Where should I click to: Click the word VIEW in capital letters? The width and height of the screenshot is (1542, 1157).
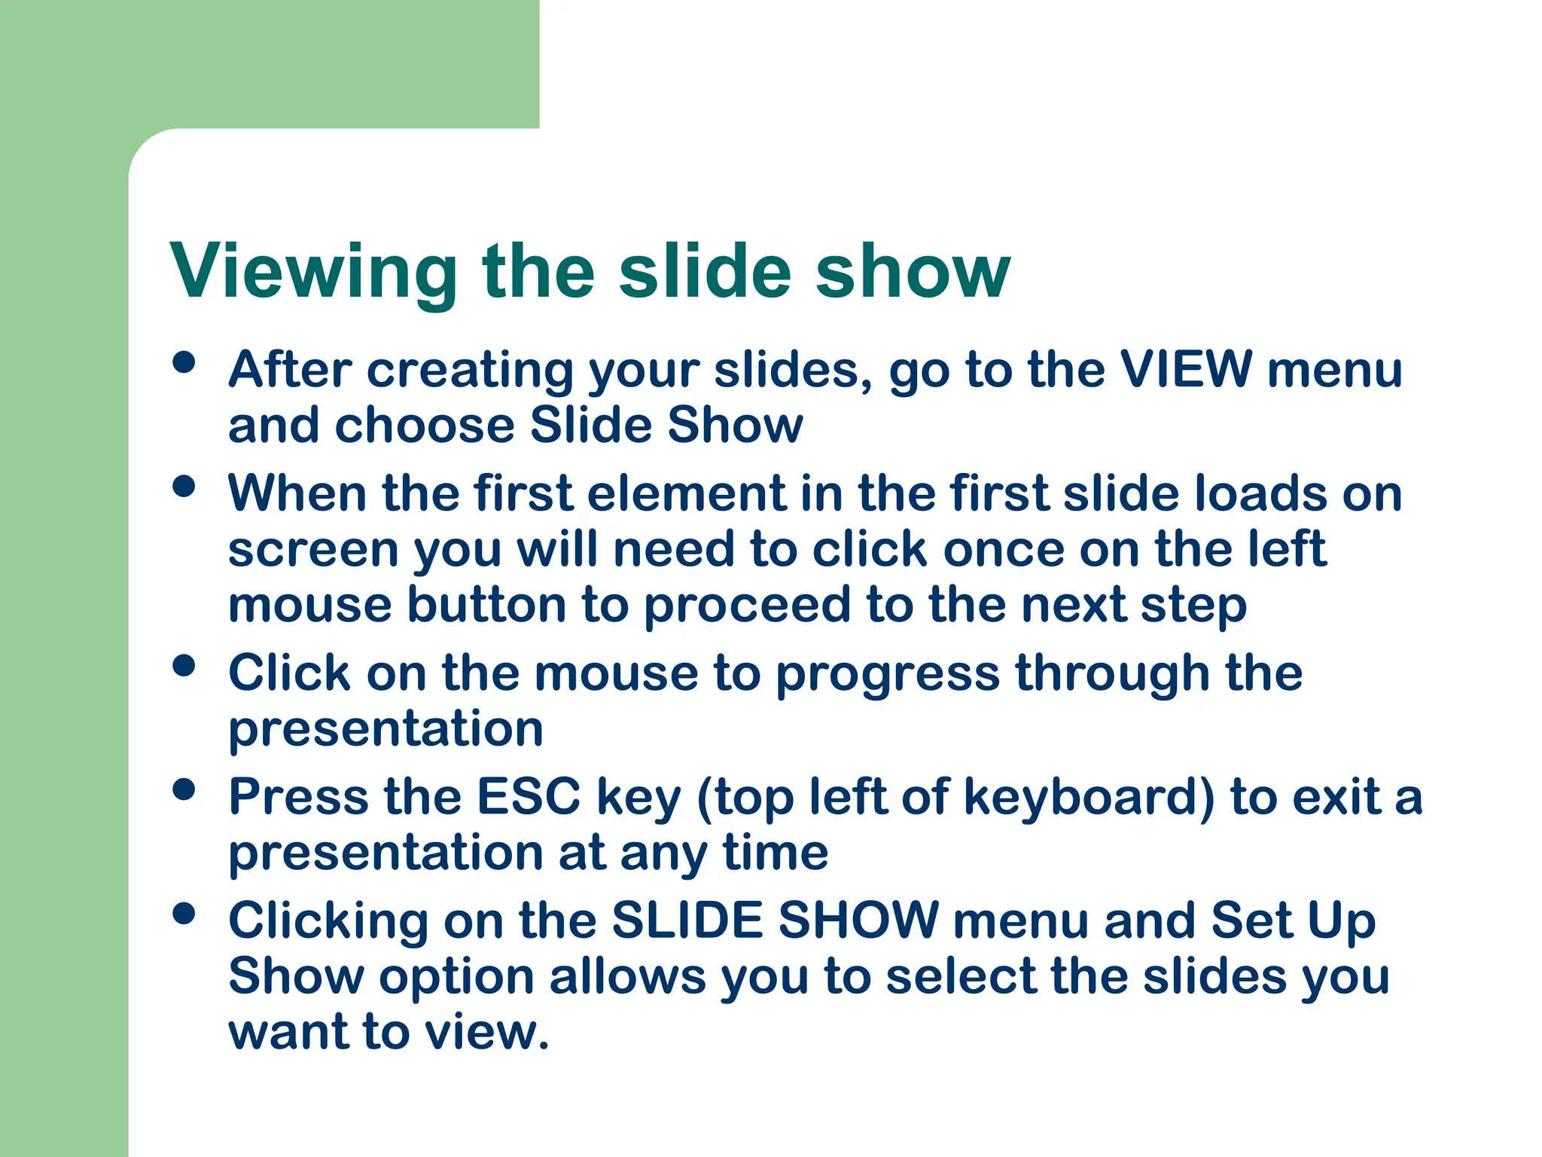pos(1186,370)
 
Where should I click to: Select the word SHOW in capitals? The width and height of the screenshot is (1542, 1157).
pos(858,920)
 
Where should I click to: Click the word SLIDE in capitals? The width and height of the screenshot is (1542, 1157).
pos(687,920)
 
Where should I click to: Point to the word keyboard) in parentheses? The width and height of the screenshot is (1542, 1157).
pos(1089,797)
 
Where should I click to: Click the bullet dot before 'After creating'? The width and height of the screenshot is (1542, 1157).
pos(184,363)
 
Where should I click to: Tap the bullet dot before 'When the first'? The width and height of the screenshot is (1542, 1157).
pos(184,487)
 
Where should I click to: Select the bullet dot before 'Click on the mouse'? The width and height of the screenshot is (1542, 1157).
pos(184,666)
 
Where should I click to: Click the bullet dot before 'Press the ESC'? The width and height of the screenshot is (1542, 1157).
pos(184,789)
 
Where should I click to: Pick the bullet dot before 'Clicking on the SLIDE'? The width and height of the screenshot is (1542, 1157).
pos(184,914)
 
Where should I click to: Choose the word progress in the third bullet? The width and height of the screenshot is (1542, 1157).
pos(888,674)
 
